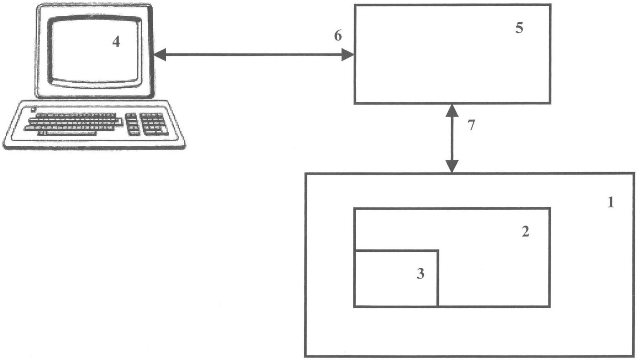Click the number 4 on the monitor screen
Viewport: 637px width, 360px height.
pyautogui.click(x=116, y=42)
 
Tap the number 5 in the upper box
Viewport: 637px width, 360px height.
pyautogui.click(x=519, y=28)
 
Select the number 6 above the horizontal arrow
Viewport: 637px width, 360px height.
pyautogui.click(x=338, y=36)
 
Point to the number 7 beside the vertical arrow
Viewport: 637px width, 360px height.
pyautogui.click(x=471, y=125)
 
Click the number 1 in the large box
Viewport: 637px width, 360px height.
pyautogui.click(x=611, y=203)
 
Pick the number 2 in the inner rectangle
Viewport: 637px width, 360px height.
pyautogui.click(x=525, y=231)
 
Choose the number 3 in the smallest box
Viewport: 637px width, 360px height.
pyautogui.click(x=420, y=274)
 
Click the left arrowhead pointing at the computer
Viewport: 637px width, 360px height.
pyautogui.click(x=160, y=55)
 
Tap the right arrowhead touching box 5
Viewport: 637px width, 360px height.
pyautogui.click(x=348, y=55)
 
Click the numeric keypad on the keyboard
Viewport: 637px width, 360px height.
pyautogui.click(x=154, y=124)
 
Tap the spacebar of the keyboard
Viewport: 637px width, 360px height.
pyautogui.click(x=71, y=133)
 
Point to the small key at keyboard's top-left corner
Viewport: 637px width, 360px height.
pyautogui.click(x=33, y=109)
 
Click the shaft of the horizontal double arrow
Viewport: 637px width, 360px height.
pyautogui.click(x=254, y=55)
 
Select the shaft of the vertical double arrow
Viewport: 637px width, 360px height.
pyautogui.click(x=452, y=138)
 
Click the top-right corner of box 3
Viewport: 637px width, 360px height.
pyautogui.click(x=438, y=251)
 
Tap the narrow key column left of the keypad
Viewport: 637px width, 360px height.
pyautogui.click(x=132, y=124)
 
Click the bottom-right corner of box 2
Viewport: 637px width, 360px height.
pyautogui.click(x=549, y=307)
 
